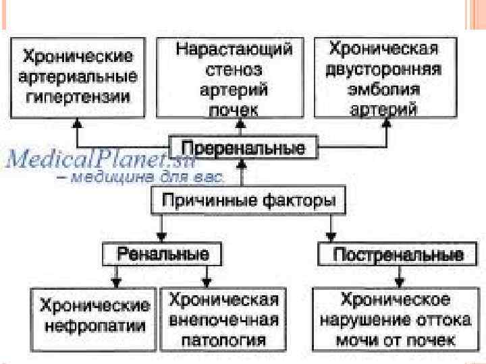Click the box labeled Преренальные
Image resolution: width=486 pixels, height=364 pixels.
pos(243,148)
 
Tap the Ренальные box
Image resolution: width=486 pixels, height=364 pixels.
pos(162,254)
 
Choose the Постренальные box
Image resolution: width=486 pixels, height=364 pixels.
pos(390,255)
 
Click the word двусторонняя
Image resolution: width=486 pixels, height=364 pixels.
pos(383,70)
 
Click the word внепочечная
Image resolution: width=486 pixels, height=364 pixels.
pos(223,319)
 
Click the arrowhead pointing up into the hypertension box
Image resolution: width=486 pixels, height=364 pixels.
pos(77,123)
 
